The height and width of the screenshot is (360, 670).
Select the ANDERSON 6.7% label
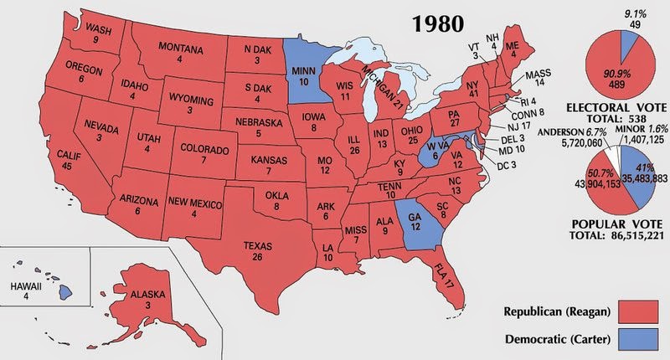click(549, 132)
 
